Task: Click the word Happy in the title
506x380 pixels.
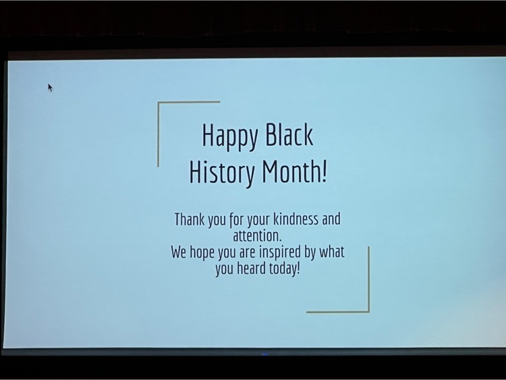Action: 230,136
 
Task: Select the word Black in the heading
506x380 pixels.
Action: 289,134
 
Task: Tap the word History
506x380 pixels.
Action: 221,173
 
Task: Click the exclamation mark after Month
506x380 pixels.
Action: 325,171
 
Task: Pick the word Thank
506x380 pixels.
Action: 190,219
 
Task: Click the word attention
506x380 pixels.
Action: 257,236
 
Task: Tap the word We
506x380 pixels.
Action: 179,252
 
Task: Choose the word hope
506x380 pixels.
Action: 202,253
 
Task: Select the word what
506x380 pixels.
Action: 332,252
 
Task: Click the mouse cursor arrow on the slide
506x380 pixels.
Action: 50,88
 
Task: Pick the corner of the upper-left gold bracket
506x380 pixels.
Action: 158,103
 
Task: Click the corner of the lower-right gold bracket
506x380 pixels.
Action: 368,312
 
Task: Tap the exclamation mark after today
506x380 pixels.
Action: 298,269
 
